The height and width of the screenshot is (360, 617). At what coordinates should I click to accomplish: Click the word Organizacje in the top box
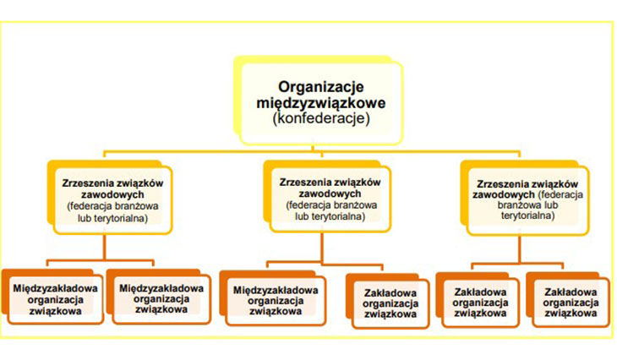coord(320,86)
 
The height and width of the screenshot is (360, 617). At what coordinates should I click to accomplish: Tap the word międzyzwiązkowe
coord(320,103)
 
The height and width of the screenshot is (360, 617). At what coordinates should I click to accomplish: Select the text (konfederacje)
coord(321,118)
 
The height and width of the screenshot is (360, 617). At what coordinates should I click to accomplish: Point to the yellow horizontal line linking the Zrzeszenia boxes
coord(312,151)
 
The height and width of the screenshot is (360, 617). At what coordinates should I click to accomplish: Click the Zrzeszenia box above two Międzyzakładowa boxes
coord(113,200)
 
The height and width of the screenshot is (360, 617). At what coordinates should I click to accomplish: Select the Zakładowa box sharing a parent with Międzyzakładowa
coord(390,303)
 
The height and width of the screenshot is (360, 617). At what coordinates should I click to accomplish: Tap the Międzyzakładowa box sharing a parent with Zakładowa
coord(276,301)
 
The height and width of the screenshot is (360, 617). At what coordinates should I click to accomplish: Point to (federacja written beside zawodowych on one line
coord(560,194)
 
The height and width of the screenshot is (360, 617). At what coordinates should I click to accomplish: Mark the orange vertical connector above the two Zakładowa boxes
coord(520,249)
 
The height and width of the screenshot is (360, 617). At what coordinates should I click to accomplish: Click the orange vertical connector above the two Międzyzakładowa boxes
coord(105,247)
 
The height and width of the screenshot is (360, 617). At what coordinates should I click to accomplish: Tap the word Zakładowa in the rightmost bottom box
coord(571,292)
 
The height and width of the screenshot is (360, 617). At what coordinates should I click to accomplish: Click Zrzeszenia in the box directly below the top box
coord(303,183)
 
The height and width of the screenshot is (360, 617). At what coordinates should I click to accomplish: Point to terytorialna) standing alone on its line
coord(527,215)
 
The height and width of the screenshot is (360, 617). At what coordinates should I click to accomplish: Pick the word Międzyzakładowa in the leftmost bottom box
coord(55,288)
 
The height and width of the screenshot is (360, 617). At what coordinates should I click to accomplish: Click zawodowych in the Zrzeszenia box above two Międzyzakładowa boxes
coord(112,194)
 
